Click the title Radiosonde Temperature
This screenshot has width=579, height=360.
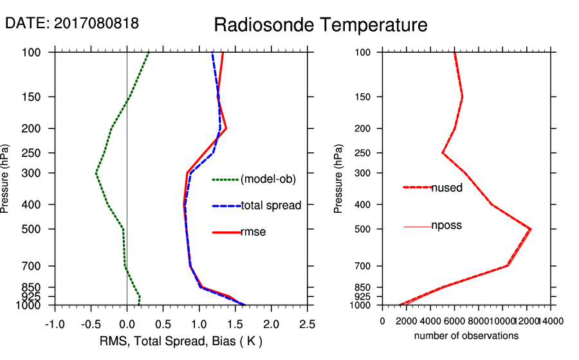(320, 25)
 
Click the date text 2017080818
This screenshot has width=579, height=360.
(96, 24)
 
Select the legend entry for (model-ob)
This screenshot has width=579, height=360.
(268, 180)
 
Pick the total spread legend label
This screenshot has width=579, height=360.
(271, 206)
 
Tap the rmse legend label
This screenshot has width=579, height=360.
(253, 232)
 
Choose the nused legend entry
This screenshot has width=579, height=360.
(447, 188)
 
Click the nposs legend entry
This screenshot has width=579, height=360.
(446, 226)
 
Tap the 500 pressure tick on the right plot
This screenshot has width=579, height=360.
(366, 229)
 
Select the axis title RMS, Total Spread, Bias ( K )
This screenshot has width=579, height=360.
(181, 340)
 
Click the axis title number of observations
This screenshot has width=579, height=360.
(466, 336)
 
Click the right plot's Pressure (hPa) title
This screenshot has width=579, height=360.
(339, 179)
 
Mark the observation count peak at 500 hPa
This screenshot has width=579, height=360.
(531, 229)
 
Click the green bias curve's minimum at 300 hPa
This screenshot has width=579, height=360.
(96, 173)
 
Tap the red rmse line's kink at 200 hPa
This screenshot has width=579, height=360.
(226, 129)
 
